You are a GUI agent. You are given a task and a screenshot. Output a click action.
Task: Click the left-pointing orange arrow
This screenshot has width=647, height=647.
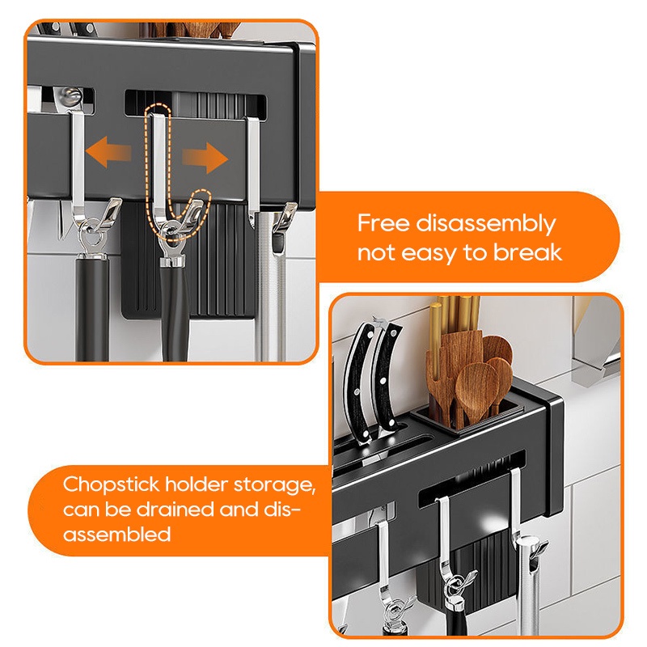108,152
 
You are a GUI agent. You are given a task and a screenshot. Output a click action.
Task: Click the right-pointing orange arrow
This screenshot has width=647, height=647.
205,158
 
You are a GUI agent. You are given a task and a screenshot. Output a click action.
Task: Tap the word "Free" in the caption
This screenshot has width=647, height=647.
383,223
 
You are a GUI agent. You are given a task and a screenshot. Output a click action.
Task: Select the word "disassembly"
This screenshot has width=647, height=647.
486,225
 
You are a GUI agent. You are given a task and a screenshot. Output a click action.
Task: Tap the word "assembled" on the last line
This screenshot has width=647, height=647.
116,535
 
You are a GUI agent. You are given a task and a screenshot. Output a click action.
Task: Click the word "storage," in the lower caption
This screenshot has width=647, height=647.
274,485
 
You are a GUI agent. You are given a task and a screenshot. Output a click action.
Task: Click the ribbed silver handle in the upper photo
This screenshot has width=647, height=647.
271,289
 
